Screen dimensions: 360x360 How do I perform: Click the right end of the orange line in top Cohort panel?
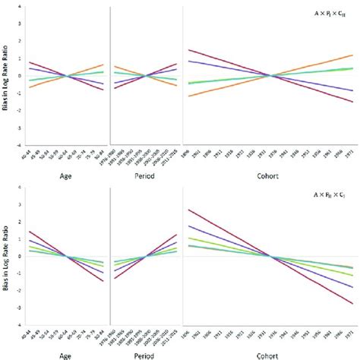[352, 55]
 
